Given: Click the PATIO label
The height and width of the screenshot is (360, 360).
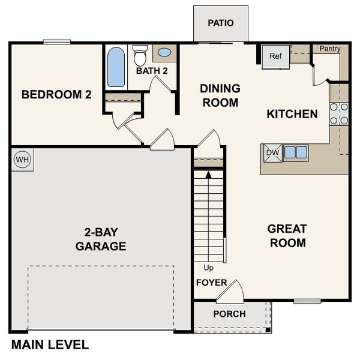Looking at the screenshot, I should [220, 23].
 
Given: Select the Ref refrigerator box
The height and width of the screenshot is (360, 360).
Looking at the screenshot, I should [275, 57].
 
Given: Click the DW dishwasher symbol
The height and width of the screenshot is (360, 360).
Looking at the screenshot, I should [272, 152].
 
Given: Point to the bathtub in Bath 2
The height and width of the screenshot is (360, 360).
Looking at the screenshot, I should [115, 67].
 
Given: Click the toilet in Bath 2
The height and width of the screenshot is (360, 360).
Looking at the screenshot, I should [140, 56].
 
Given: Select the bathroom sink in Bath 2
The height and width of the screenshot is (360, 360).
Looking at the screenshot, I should [164, 53].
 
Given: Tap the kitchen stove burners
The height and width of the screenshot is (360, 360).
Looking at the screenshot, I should [339, 113].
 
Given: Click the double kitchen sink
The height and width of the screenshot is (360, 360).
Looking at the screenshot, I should [295, 152].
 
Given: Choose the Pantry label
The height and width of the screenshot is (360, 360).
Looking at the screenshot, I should [330, 48].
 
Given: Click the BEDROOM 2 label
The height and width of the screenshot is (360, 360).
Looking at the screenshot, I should [56, 94].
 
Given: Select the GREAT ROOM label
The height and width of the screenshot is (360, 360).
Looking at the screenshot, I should [287, 236].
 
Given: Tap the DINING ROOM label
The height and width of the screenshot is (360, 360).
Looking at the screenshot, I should [220, 95].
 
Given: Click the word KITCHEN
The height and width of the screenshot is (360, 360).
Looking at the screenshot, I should [292, 113].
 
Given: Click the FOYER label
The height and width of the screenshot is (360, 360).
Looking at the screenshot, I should [211, 283].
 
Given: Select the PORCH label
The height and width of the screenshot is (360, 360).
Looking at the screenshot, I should [229, 314].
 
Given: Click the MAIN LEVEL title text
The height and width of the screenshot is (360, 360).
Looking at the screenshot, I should [50, 345].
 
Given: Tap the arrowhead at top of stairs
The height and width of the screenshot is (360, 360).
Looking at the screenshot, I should [208, 175].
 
